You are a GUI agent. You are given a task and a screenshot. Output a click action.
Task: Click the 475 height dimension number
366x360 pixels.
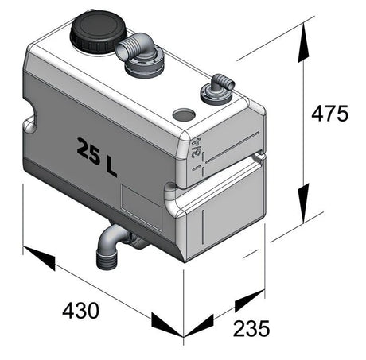[329, 114]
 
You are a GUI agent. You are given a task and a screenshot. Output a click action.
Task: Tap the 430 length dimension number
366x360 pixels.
[81, 311]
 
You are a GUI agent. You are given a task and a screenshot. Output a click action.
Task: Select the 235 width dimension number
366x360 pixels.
[251, 328]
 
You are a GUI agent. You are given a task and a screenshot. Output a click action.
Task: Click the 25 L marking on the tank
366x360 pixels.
[97, 157]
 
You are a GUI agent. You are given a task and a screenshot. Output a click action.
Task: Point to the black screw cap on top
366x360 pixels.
[98, 30]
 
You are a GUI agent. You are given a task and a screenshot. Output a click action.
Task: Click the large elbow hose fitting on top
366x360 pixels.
[141, 54]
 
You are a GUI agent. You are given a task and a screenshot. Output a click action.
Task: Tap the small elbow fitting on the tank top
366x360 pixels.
[217, 90]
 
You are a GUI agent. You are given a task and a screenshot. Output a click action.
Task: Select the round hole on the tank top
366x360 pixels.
[184, 114]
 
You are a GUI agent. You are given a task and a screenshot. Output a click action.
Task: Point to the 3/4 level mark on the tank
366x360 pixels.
[197, 148]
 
